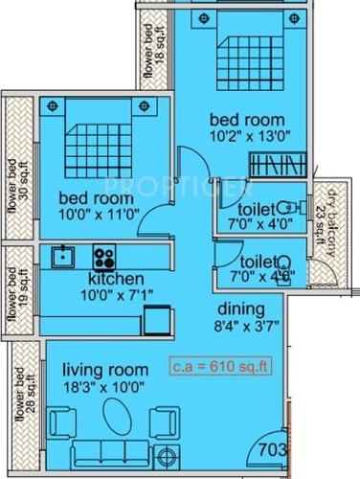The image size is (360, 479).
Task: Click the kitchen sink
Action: [x=64, y=256]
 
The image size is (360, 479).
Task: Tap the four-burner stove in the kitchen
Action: [x=102, y=257]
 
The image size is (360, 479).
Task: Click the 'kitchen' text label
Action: [x=97, y=279]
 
